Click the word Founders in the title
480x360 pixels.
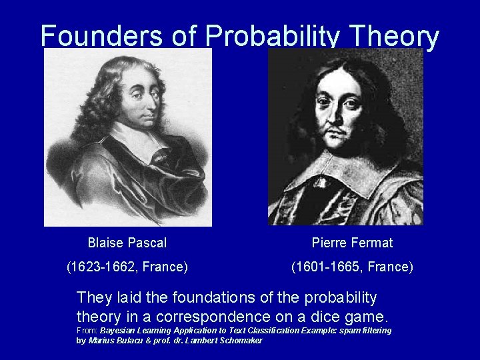click(x=100, y=37)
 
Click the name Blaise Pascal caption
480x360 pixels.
click(x=127, y=243)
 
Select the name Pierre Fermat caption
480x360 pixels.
click(x=352, y=243)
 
